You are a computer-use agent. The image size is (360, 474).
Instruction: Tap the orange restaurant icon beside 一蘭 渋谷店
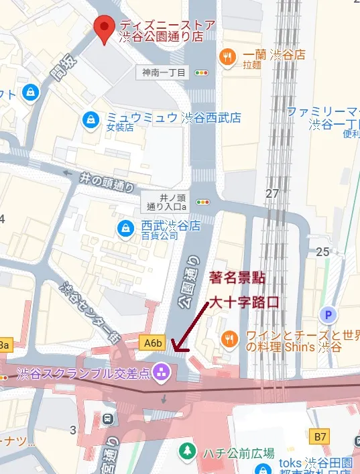coord(228,56)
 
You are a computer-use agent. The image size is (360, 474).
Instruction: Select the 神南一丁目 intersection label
coord(164,72)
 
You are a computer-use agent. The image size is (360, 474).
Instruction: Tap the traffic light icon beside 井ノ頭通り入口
coord(202,201)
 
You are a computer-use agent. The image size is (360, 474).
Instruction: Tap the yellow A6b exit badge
coord(154,343)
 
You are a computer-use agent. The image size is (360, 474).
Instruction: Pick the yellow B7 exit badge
coord(321,436)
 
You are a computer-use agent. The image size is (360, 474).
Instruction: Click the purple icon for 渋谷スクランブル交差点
coord(161,370)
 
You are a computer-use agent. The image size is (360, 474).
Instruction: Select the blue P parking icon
coord(328,314)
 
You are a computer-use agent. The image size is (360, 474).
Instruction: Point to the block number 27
coord(272,194)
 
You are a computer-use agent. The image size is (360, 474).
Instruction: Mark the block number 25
coord(323,251)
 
